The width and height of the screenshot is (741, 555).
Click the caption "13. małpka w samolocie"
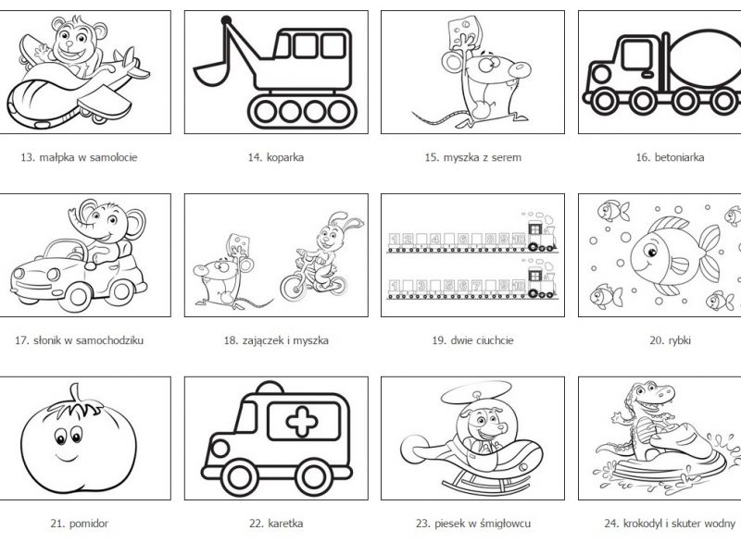point(79,157)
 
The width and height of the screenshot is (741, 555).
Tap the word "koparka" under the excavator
point(285,157)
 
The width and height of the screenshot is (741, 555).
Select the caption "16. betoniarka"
point(670,157)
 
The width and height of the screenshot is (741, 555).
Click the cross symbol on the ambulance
point(302,422)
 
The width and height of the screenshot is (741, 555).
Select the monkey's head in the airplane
point(74,40)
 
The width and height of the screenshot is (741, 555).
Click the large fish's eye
point(651,253)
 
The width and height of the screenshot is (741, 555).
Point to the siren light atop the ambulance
point(270,388)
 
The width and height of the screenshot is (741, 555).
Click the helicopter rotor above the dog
point(476,393)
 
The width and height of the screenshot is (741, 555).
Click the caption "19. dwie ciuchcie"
point(472,340)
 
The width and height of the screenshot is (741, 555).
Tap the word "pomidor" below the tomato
point(88,524)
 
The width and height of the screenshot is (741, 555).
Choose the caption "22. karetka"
point(276,524)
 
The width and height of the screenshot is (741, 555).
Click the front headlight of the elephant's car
point(54,274)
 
